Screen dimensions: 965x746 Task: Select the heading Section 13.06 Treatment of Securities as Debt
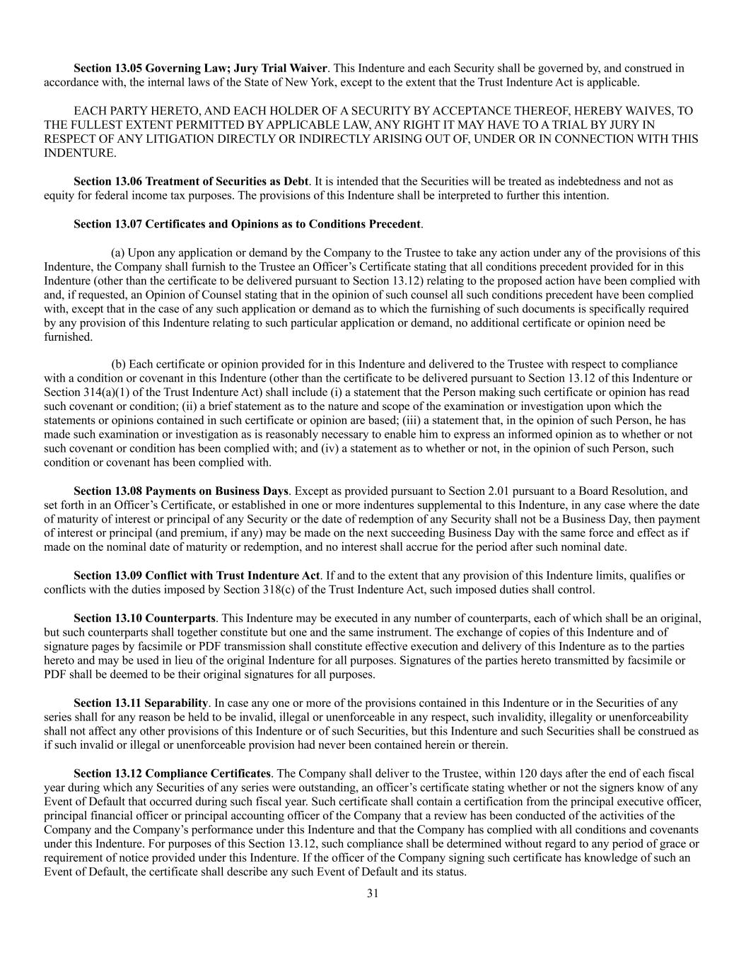pyautogui.click(x=191, y=182)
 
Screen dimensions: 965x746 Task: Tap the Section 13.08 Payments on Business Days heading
pyautogui.click(x=180, y=491)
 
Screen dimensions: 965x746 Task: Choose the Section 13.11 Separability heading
pyautogui.click(x=141, y=703)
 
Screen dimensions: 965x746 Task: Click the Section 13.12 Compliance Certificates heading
pyautogui.click(x=172, y=774)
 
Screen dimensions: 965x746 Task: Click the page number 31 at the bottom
pyautogui.click(x=373, y=893)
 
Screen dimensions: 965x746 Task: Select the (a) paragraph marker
pyautogui.click(x=118, y=253)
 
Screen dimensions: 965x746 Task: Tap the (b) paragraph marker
pyautogui.click(x=119, y=365)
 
